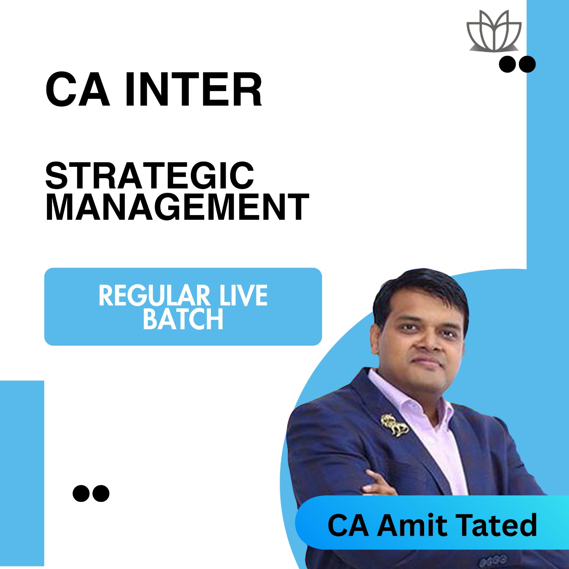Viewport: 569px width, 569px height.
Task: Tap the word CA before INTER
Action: [x=78, y=90]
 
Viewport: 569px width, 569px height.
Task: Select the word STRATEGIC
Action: [x=150, y=176]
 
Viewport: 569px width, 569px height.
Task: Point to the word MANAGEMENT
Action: [x=177, y=207]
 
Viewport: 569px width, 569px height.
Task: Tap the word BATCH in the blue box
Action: [x=183, y=319]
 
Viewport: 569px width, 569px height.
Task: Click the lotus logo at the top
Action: [x=494, y=31]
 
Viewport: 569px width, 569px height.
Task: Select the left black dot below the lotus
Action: [x=507, y=64]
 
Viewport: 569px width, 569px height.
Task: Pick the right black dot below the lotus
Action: [x=527, y=64]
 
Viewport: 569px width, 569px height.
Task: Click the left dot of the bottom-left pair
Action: [x=81, y=493]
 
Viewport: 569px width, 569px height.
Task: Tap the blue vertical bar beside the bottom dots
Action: [x=22, y=473]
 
